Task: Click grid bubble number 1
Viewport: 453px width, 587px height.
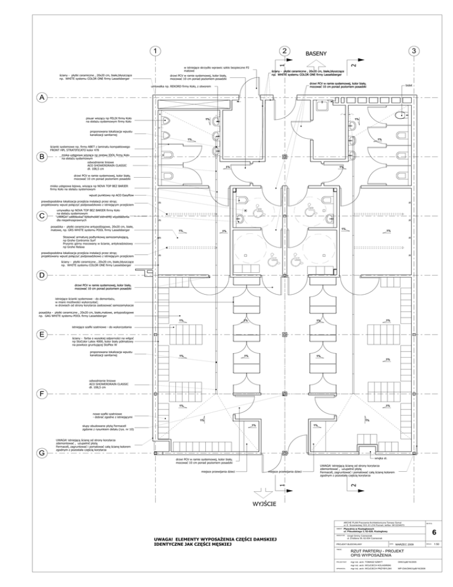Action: [154, 51]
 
